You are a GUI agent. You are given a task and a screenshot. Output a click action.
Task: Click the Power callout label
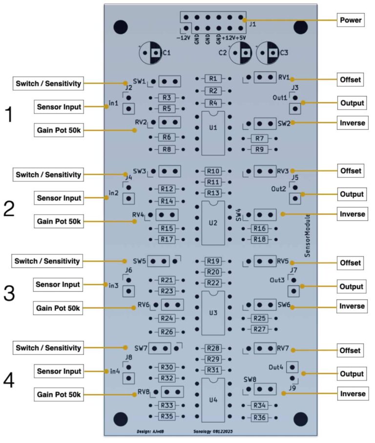click(x=351, y=20)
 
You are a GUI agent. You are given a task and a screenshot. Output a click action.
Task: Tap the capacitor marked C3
click(x=268, y=52)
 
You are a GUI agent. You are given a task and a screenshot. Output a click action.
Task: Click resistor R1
click(x=212, y=78)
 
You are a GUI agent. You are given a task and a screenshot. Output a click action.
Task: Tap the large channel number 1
click(x=9, y=115)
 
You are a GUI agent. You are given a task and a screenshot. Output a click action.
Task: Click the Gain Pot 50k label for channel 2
click(x=59, y=221)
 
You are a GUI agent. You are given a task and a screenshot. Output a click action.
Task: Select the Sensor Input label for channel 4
click(x=59, y=371)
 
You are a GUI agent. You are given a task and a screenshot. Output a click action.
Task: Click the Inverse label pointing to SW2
click(x=351, y=123)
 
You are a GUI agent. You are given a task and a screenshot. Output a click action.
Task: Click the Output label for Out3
click(x=351, y=286)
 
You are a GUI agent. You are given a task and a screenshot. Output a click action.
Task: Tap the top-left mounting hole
click(x=121, y=25)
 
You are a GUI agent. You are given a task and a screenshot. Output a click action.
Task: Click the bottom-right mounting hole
click(x=299, y=418)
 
